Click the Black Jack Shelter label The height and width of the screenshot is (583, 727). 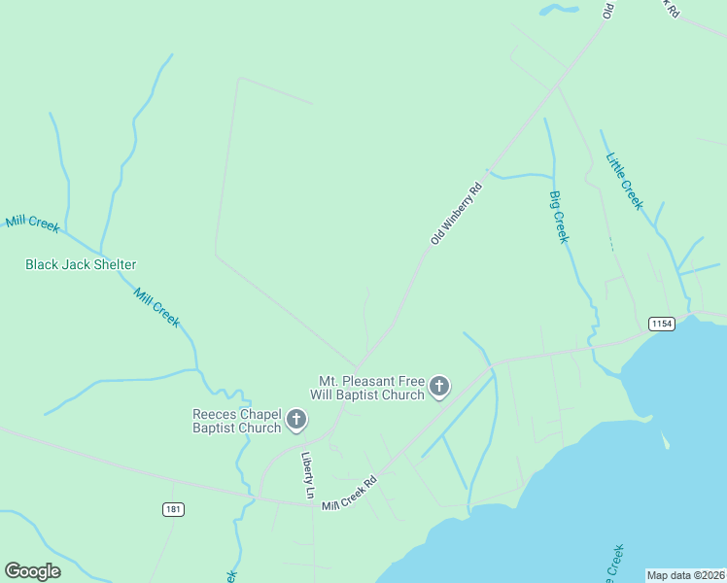(81, 264)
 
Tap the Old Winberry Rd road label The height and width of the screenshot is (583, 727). (457, 213)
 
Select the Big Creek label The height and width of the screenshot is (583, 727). (558, 217)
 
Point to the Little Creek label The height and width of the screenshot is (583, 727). (624, 181)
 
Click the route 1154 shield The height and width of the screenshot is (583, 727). (662, 324)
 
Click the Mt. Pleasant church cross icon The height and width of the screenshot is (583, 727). (439, 387)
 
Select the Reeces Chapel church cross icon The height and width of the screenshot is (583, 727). (296, 421)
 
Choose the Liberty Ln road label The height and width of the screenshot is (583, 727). (308, 476)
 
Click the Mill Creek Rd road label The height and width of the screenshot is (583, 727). (349, 494)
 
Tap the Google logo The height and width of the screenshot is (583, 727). (32, 571)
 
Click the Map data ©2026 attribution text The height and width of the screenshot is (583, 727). (685, 575)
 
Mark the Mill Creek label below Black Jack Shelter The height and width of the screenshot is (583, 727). (156, 307)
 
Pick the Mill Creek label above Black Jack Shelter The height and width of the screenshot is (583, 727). (32, 223)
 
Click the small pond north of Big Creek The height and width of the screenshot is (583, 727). (559, 10)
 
